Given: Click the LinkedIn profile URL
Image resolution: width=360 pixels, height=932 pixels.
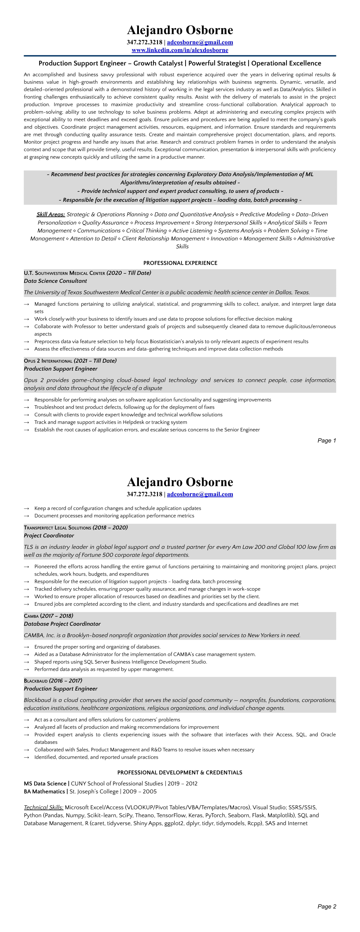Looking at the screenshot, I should [x=180, y=50].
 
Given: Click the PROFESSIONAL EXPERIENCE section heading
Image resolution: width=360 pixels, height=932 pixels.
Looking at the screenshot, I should [x=180, y=263].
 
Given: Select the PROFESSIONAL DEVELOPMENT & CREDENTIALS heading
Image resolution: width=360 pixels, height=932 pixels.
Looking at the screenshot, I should [x=180, y=773].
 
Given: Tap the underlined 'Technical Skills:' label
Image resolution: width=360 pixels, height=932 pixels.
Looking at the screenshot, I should [x=43, y=807].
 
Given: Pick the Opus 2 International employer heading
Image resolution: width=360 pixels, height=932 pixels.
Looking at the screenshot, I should [x=48, y=361].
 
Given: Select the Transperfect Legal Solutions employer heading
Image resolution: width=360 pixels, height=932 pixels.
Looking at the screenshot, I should [x=57, y=527].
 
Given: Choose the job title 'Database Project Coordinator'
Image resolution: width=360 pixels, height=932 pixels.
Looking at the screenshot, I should [x=62, y=624].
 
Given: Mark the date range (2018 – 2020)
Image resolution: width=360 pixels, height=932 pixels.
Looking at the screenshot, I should [x=110, y=527].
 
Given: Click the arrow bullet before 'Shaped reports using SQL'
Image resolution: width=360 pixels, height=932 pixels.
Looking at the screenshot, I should [x=26, y=662].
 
